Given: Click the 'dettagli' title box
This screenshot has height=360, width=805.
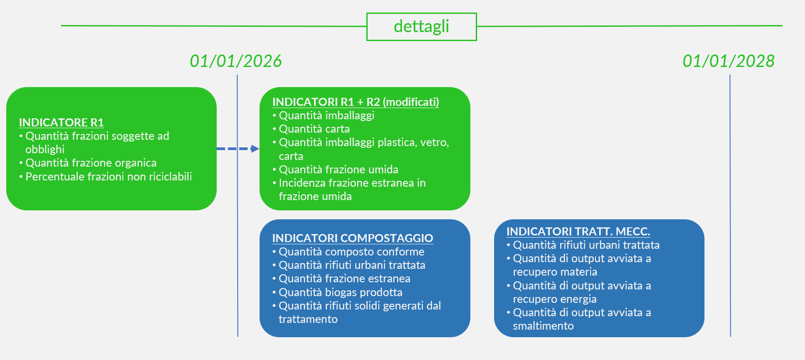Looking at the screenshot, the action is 421,27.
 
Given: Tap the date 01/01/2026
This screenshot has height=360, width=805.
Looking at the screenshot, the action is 236,61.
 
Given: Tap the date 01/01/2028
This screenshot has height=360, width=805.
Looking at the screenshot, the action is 729,61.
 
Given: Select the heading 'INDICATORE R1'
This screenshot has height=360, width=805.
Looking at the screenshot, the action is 61,122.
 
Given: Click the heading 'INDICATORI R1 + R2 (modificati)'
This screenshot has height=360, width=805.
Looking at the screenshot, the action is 356,102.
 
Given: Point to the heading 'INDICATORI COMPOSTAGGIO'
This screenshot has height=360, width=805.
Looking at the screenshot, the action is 352,238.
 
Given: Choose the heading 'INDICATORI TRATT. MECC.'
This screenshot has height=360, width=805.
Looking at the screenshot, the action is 578,231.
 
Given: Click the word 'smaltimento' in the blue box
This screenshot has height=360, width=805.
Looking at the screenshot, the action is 543,326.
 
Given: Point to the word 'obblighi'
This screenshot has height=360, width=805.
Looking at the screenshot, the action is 45,150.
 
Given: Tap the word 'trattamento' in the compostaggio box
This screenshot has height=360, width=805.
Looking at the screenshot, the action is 308,319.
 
